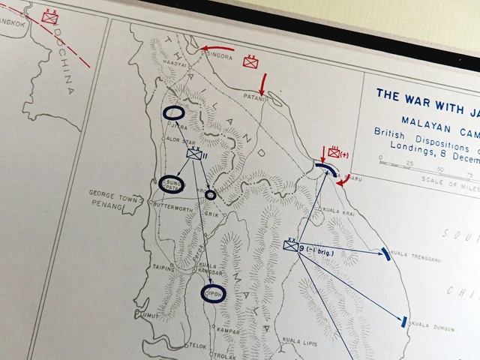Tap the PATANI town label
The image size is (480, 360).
pos(253,97)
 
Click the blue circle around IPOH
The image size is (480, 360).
pos(213,293)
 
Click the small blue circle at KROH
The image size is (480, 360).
pos(211,195)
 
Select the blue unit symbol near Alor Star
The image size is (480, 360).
pos(193,154)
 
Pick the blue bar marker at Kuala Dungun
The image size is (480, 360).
pos(404,322)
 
